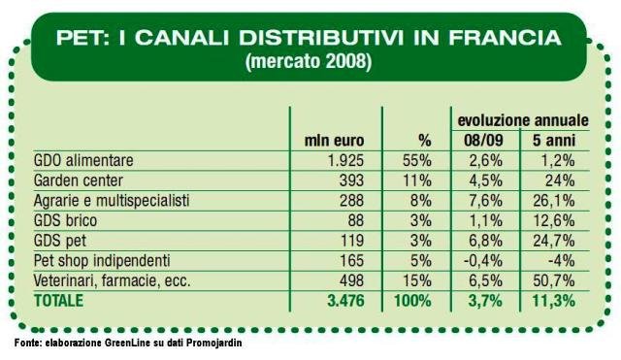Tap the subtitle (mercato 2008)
click(309, 61)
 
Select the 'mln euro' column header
click(334, 141)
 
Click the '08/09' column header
click(483, 140)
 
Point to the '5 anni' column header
click(554, 140)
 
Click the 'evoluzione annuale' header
click(523, 120)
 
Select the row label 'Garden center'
click(79, 180)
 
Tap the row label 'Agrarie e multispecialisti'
click(112, 201)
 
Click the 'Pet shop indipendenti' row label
click(102, 261)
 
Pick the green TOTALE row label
click(58, 301)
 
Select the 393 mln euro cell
click(351, 180)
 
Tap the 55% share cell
click(417, 160)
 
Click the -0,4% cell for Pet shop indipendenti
click(483, 261)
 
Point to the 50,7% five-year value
click(554, 280)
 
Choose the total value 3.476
click(345, 301)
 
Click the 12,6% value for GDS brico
click(554, 220)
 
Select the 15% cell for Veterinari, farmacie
click(417, 280)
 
